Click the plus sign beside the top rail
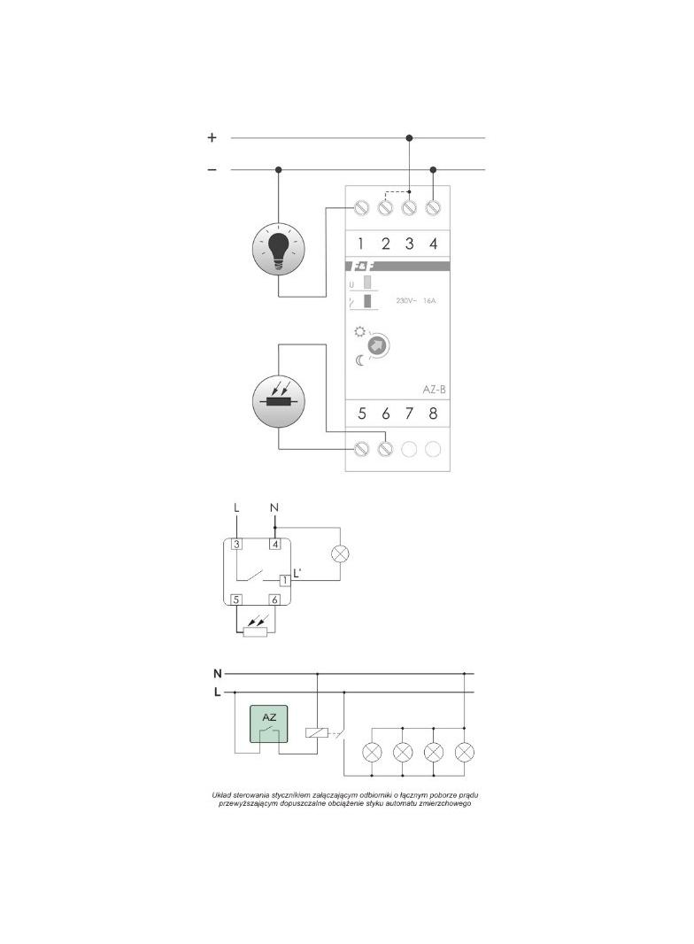212,138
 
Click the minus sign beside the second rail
212,169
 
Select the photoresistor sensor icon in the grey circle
279,400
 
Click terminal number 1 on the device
361,244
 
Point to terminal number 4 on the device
433,244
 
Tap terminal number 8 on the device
433,414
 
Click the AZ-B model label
426,388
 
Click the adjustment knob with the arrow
378,346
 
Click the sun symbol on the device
359,333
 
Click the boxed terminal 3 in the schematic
237,544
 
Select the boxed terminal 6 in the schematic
275,600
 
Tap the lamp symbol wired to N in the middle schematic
340,555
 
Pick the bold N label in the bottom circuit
217,673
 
